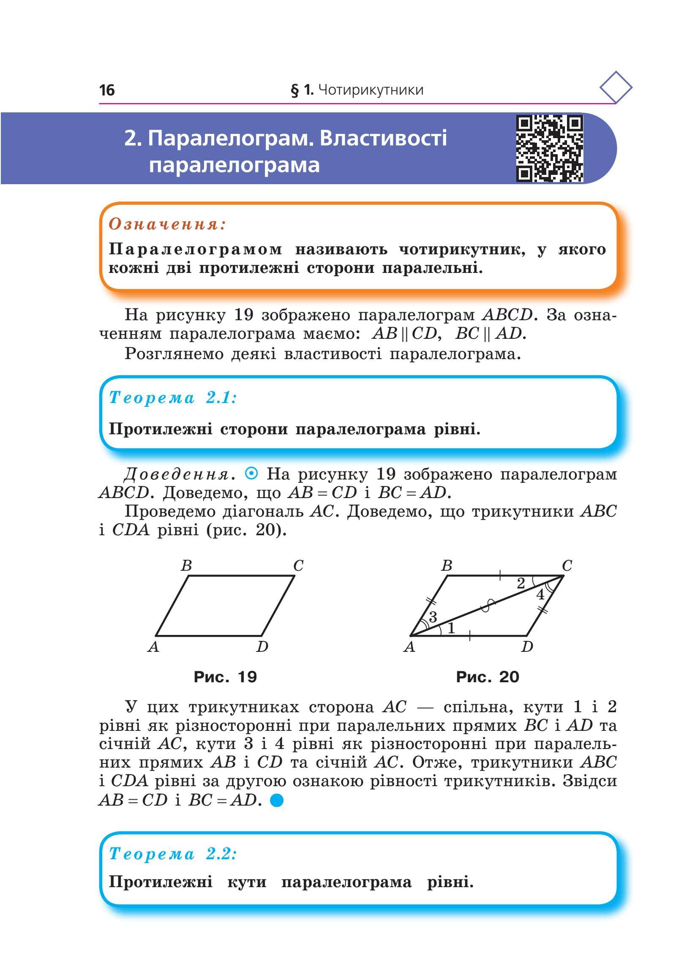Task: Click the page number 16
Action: click(x=106, y=90)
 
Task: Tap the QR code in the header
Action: click(x=549, y=148)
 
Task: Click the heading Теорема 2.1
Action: click(x=173, y=398)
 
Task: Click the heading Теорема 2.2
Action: click(x=173, y=854)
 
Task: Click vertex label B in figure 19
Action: click(x=186, y=565)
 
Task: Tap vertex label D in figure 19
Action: click(x=262, y=646)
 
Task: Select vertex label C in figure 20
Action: click(x=567, y=565)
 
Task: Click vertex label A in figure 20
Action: click(x=409, y=646)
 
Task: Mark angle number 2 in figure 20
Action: click(x=521, y=583)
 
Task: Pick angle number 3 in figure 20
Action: click(x=433, y=617)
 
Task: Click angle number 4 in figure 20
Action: click(x=540, y=594)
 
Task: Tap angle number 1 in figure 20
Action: click(x=451, y=628)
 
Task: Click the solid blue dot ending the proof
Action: click(x=276, y=800)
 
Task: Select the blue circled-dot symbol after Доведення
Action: click(x=251, y=474)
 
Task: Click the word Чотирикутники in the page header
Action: click(x=371, y=90)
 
